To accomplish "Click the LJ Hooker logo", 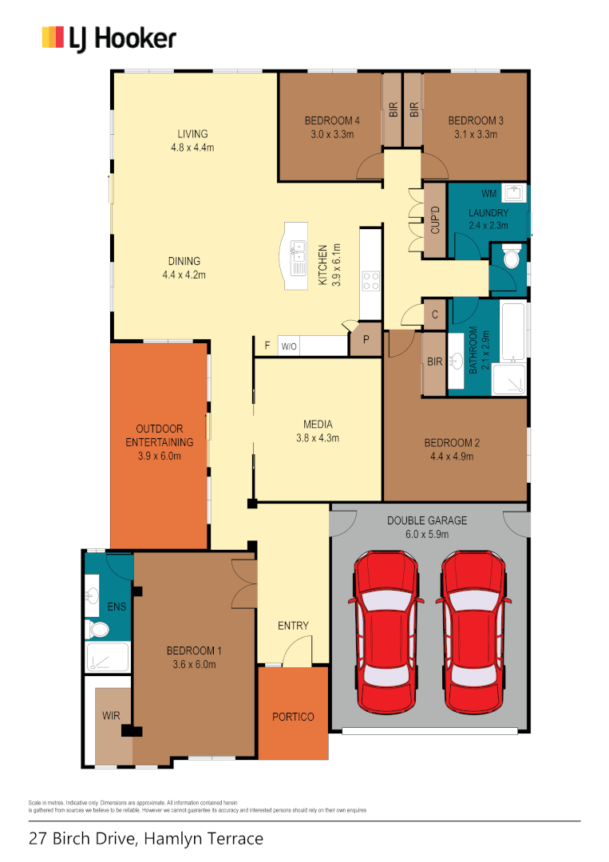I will click(x=109, y=38).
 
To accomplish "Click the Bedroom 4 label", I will click(x=332, y=121).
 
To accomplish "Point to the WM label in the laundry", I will click(x=488, y=194).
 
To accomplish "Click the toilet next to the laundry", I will click(x=511, y=257).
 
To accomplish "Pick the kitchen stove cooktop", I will click(x=371, y=281).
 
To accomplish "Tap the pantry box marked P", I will click(x=366, y=339).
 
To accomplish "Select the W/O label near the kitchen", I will click(x=288, y=346).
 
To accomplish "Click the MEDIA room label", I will click(x=318, y=424).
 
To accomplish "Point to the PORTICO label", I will click(x=293, y=717).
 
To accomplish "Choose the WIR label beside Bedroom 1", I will click(x=111, y=716).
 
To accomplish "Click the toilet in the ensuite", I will click(x=99, y=630).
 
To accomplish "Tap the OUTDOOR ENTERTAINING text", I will click(x=160, y=435).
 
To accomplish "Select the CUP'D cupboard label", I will click(x=435, y=219).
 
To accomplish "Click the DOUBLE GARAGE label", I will click(x=427, y=520).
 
